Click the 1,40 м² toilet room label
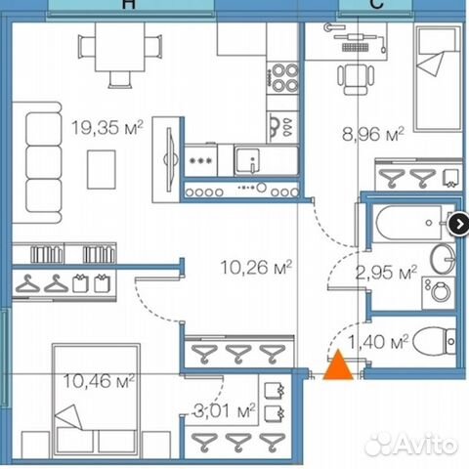[x=383, y=342]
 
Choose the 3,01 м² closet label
[x=223, y=409]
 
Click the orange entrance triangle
[x=338, y=367]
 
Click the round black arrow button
[x=457, y=225]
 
